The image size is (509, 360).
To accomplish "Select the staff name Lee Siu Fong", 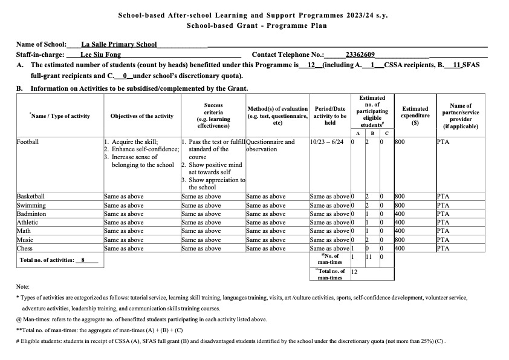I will pyautogui.click(x=100, y=55).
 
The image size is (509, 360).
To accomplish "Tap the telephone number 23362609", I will pyautogui.click(x=360, y=55).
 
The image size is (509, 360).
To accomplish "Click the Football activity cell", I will pyautogui.click(x=28, y=143).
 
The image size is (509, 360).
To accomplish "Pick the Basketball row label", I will pyautogui.click(x=31, y=197).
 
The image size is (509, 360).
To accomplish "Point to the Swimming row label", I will pyautogui.click(x=31, y=205).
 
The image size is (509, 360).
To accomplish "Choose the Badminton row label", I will pyautogui.click(x=31, y=214).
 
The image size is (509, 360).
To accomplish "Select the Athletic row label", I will pyautogui.click(x=28, y=222).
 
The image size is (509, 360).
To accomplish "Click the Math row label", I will pyautogui.click(x=24, y=231).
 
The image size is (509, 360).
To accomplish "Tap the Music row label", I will pyautogui.click(x=25, y=239).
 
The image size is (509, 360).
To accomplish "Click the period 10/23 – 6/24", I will pyautogui.click(x=326, y=143).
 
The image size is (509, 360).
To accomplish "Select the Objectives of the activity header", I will pyautogui.click(x=141, y=116).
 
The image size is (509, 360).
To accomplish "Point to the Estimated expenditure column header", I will pyautogui.click(x=415, y=116).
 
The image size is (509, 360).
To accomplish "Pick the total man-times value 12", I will pyautogui.click(x=355, y=273).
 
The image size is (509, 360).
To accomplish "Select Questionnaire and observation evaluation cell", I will pyautogui.click(x=271, y=146).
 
